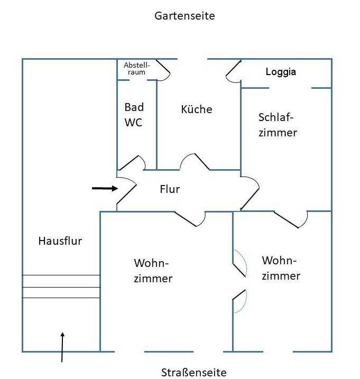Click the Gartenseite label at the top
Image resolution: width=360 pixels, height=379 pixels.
184,16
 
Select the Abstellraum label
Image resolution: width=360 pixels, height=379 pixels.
136,68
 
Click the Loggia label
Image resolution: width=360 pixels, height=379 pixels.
281,72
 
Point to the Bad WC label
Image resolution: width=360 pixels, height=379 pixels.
134,115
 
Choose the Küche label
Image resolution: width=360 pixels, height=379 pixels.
196,109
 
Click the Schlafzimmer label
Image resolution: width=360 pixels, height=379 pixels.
278,125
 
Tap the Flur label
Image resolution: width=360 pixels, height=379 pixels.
170,189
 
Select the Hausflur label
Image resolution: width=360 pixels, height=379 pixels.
60,241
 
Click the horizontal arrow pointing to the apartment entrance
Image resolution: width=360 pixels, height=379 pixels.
105,188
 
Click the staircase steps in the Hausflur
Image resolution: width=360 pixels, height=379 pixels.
61,286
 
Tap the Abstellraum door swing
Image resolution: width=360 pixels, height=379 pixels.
162,70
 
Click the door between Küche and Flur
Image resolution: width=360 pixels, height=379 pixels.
195,161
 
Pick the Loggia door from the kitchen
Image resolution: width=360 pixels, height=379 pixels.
233,72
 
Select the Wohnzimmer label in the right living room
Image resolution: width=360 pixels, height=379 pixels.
281,268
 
